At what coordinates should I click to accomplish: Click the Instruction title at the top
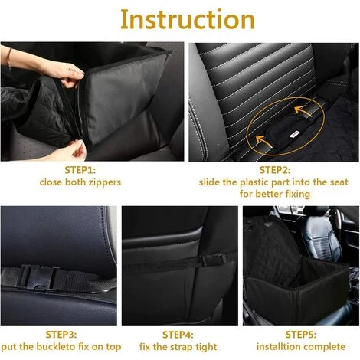click(188, 20)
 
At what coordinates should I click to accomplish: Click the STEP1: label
click(80, 170)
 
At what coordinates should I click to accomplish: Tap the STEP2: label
click(275, 170)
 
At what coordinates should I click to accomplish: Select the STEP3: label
click(61, 335)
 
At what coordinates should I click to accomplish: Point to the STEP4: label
click(178, 335)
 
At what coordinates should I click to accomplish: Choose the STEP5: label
click(301, 335)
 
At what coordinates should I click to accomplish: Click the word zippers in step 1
click(105, 183)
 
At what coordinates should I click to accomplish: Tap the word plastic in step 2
click(254, 183)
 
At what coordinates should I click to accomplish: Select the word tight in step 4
click(206, 347)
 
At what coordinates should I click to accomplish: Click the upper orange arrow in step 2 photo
click(303, 112)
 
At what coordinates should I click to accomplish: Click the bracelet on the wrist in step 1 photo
click(9, 58)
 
